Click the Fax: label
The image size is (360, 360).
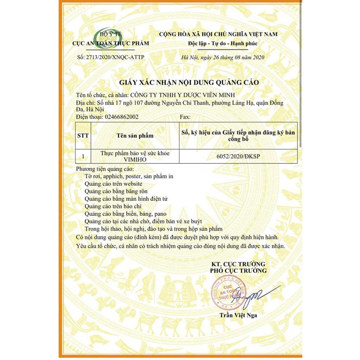(185, 117)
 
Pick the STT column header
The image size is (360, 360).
(83, 136)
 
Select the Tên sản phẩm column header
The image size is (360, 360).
(135, 136)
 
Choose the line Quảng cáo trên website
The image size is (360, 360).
(113, 184)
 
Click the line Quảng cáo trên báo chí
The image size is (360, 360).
(111, 206)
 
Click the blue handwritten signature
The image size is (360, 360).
(255, 294)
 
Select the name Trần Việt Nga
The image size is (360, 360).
(238, 315)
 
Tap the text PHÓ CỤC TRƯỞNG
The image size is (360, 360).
(238, 270)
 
